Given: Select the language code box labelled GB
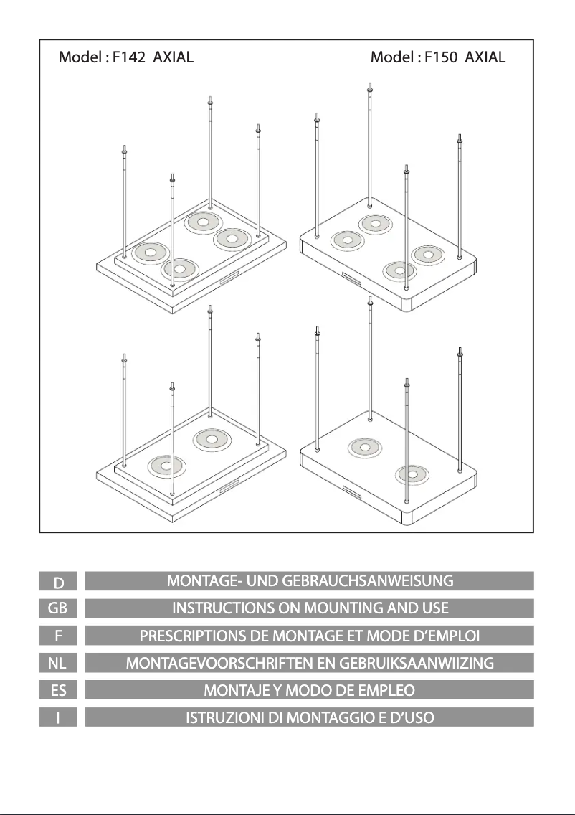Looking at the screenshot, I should point(62,608).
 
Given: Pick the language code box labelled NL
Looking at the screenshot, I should point(62,663).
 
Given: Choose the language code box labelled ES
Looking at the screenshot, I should point(62,690).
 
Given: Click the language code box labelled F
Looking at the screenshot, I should point(62,636).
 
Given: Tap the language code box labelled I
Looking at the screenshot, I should point(62,717).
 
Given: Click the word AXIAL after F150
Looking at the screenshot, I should point(485,57).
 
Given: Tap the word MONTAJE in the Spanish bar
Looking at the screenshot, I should point(232,690).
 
